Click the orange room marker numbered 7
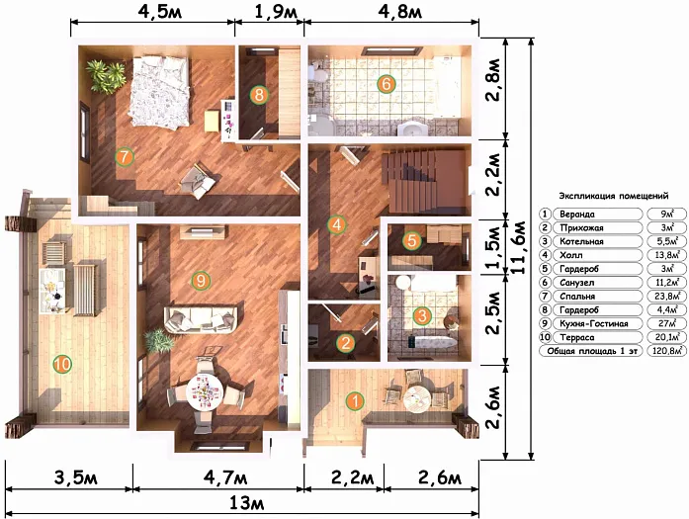[x=125, y=157]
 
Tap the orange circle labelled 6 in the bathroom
[x=387, y=83]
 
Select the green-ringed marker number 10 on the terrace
[x=62, y=365]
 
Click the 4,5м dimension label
[x=159, y=12]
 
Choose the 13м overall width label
[x=247, y=503]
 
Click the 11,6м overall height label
[x=520, y=247]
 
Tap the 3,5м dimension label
[x=76, y=477]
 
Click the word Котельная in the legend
[x=581, y=241]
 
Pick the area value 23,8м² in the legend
[x=667, y=297]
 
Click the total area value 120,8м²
[x=667, y=351]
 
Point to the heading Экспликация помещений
[x=614, y=196]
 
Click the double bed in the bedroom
[x=159, y=91]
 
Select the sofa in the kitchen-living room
[x=201, y=316]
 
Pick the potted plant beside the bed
[x=106, y=76]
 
